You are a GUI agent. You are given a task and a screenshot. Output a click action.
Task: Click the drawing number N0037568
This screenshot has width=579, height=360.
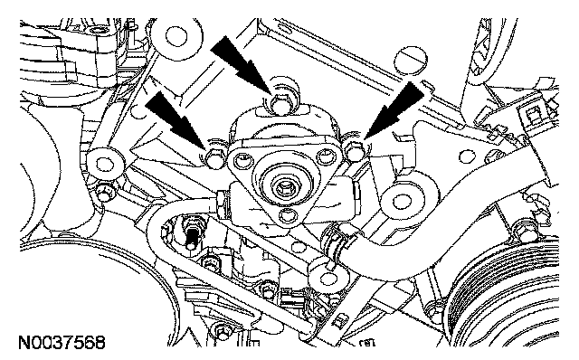click(x=62, y=343)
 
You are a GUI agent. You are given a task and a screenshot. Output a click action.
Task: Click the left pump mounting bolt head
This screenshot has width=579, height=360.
click(x=215, y=156)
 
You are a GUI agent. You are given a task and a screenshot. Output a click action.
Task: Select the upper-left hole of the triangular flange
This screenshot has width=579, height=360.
click(x=242, y=160)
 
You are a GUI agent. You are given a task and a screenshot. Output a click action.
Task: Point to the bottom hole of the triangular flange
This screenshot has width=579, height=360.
click(x=288, y=215)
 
